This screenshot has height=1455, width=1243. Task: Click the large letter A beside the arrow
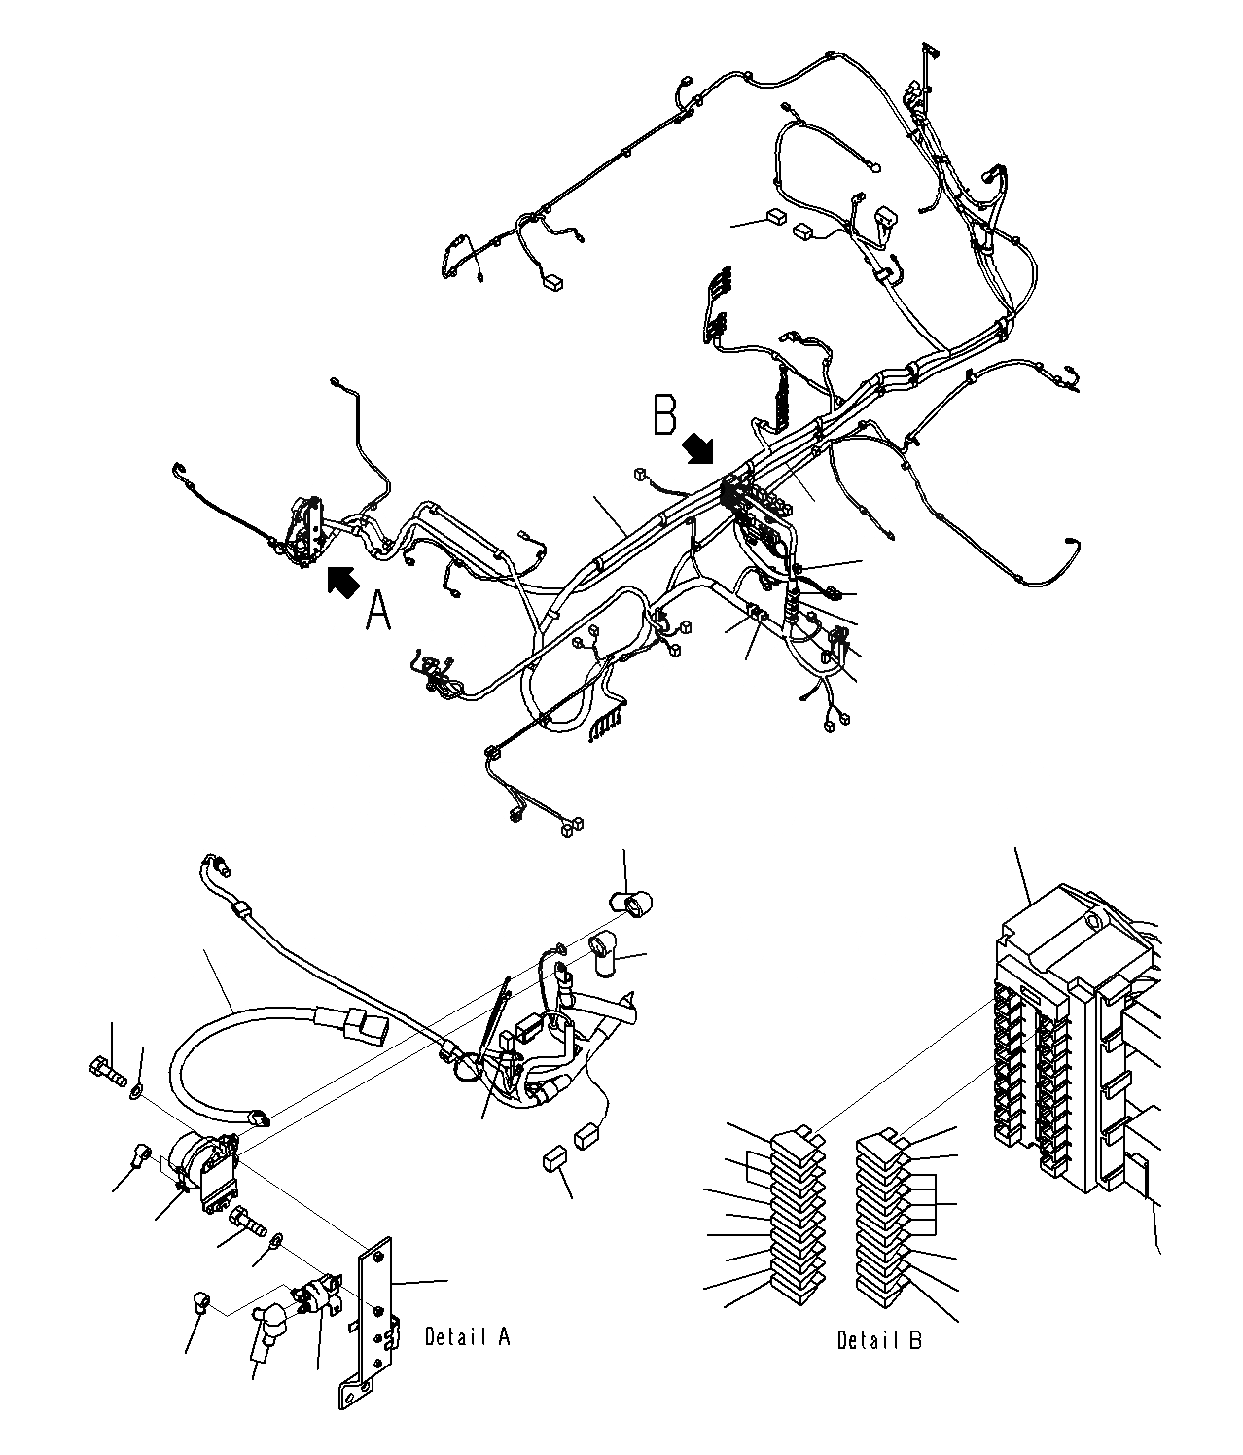coord(378,612)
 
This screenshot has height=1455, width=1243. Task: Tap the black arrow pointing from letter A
coord(341,581)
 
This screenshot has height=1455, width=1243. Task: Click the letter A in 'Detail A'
coord(503,1337)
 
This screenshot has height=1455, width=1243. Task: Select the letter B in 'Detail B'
coord(915,1340)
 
